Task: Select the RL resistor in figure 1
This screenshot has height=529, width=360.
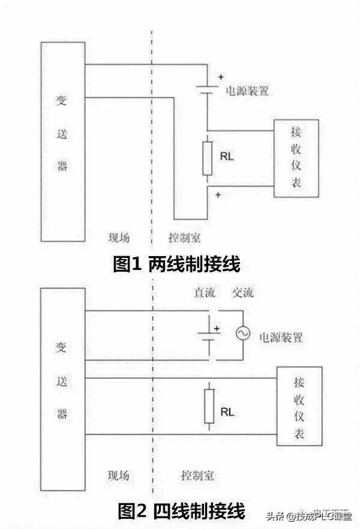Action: [x=207, y=158]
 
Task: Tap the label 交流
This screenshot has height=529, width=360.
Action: [x=242, y=293]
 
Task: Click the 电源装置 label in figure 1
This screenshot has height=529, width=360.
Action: [x=247, y=92]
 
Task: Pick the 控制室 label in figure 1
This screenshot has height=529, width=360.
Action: [x=184, y=236]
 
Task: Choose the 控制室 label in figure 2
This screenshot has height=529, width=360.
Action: [x=197, y=476]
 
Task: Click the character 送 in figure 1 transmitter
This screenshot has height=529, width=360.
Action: [x=62, y=133]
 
